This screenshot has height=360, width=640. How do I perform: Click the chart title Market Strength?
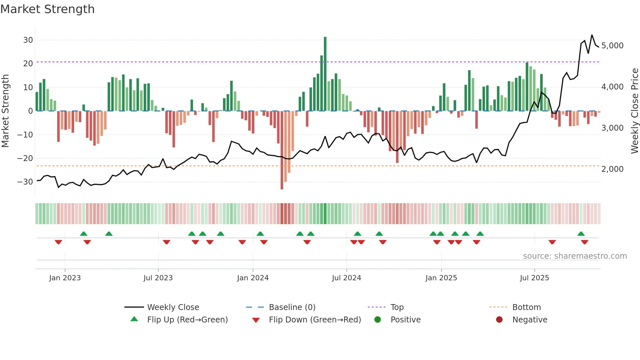[x=48, y=9]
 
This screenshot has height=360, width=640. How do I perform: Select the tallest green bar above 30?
[x=325, y=74]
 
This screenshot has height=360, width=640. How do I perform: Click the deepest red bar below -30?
[x=282, y=150]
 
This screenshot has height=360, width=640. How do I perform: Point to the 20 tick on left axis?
[x=28, y=64]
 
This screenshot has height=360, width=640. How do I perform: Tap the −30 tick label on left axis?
[x=25, y=182]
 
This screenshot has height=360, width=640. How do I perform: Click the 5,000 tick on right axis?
[x=612, y=46]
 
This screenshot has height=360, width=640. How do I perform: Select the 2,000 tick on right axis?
[x=612, y=169]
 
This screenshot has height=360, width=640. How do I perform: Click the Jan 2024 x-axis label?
[x=253, y=278]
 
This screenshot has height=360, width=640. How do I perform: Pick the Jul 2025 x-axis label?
[x=535, y=278]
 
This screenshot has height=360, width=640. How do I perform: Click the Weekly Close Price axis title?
[x=634, y=111]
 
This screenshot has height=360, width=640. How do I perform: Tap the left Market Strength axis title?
[x=5, y=111]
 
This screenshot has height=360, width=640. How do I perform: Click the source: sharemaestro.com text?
[x=575, y=256]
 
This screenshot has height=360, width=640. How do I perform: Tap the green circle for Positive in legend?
[x=378, y=320]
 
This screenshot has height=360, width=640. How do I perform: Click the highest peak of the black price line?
[x=592, y=35]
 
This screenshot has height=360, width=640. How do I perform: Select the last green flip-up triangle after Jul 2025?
[x=581, y=234]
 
